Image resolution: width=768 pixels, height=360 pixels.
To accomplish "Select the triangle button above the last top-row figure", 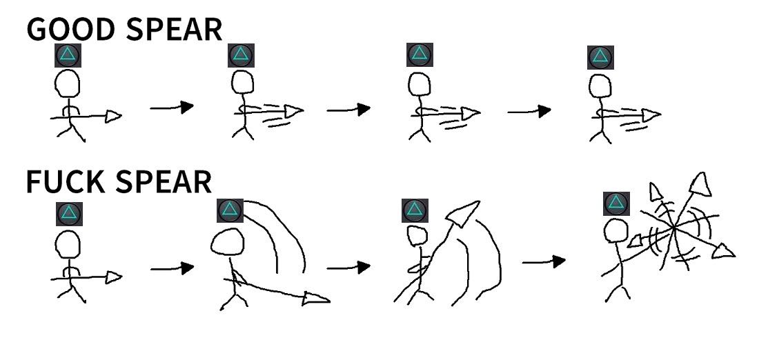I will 600,57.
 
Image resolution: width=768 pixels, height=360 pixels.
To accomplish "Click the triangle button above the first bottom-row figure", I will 69,213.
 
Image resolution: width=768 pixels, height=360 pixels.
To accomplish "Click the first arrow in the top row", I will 172,107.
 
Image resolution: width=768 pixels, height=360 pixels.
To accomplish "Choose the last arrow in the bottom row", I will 544,261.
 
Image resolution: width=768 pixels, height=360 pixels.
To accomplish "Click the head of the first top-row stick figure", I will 68,85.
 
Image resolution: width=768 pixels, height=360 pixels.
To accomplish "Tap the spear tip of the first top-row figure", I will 113,117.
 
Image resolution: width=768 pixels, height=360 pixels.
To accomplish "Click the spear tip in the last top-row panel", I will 651,115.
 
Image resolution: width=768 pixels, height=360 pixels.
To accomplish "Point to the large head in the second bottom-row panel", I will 228,243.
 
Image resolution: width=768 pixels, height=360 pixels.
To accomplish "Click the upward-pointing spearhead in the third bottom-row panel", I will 458,214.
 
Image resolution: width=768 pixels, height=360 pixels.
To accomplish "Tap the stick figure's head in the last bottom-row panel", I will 616,232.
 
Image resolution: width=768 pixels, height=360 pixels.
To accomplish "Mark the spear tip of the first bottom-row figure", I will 113,277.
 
